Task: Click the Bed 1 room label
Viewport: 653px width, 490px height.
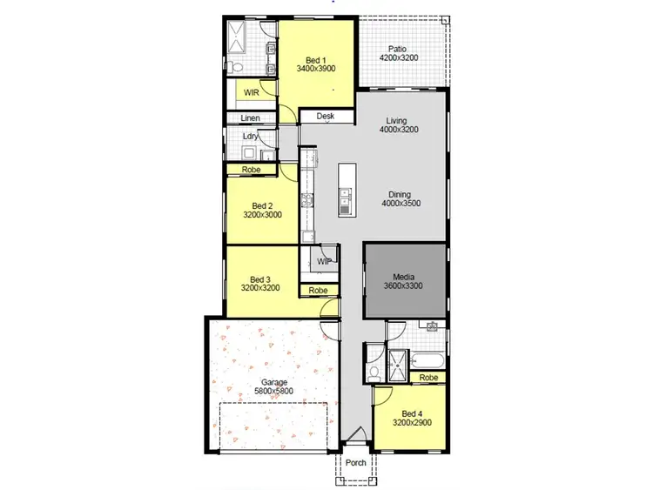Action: (315, 62)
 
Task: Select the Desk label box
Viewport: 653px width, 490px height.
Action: (326, 116)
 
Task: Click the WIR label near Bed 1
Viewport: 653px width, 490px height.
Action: (251, 91)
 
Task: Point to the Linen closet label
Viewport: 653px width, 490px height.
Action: (251, 117)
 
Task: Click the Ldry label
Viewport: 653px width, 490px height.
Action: (251, 137)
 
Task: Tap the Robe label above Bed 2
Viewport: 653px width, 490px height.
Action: (251, 170)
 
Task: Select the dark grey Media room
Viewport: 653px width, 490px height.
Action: (403, 281)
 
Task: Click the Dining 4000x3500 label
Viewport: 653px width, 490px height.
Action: (401, 198)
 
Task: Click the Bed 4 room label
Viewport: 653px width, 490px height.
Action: (410, 418)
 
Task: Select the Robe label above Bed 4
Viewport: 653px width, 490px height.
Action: (427, 378)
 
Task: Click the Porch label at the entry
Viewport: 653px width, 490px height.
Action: (355, 463)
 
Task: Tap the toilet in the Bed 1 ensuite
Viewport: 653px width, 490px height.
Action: (237, 67)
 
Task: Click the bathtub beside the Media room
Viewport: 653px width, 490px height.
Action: (427, 358)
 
